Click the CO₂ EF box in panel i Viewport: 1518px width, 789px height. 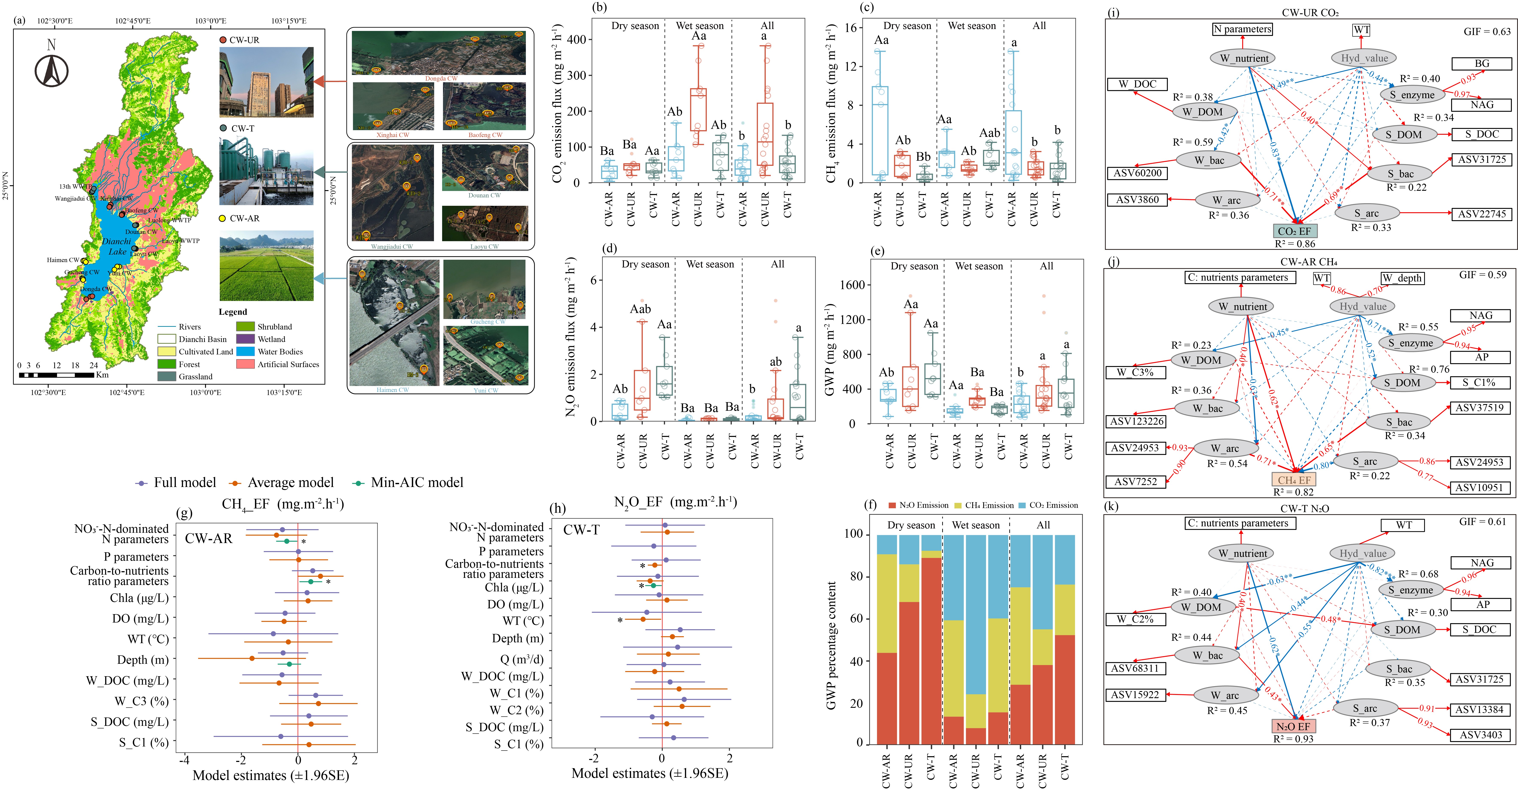[x=1294, y=231]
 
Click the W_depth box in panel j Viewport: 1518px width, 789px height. [x=1402, y=278]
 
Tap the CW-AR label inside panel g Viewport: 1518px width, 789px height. [x=209, y=538]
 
